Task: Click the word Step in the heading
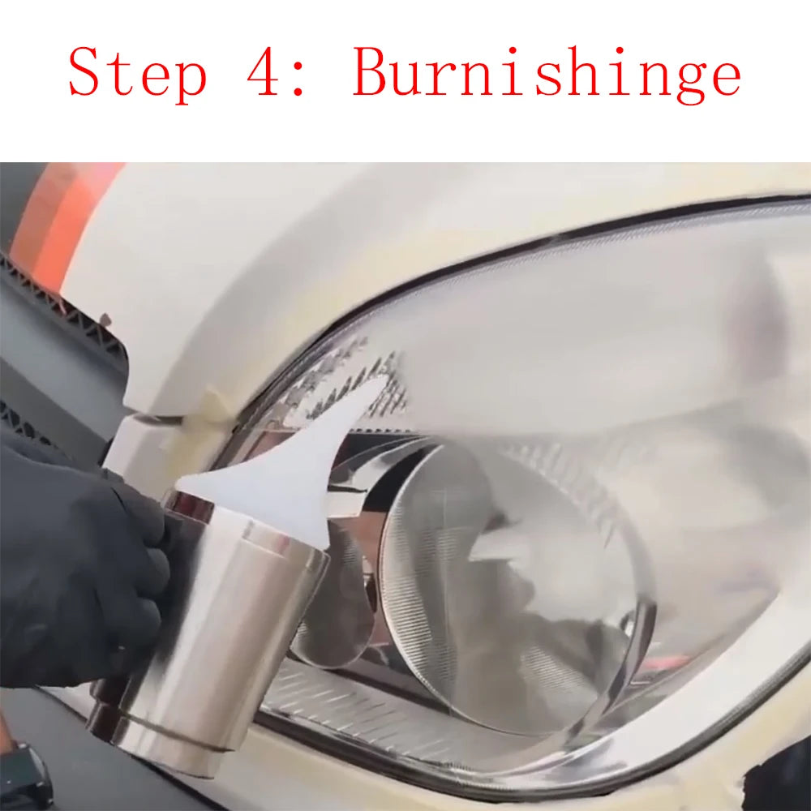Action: pyautogui.click(x=137, y=73)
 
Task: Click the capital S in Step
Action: pyautogui.click(x=85, y=73)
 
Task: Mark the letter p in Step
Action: pyautogui.click(x=188, y=81)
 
